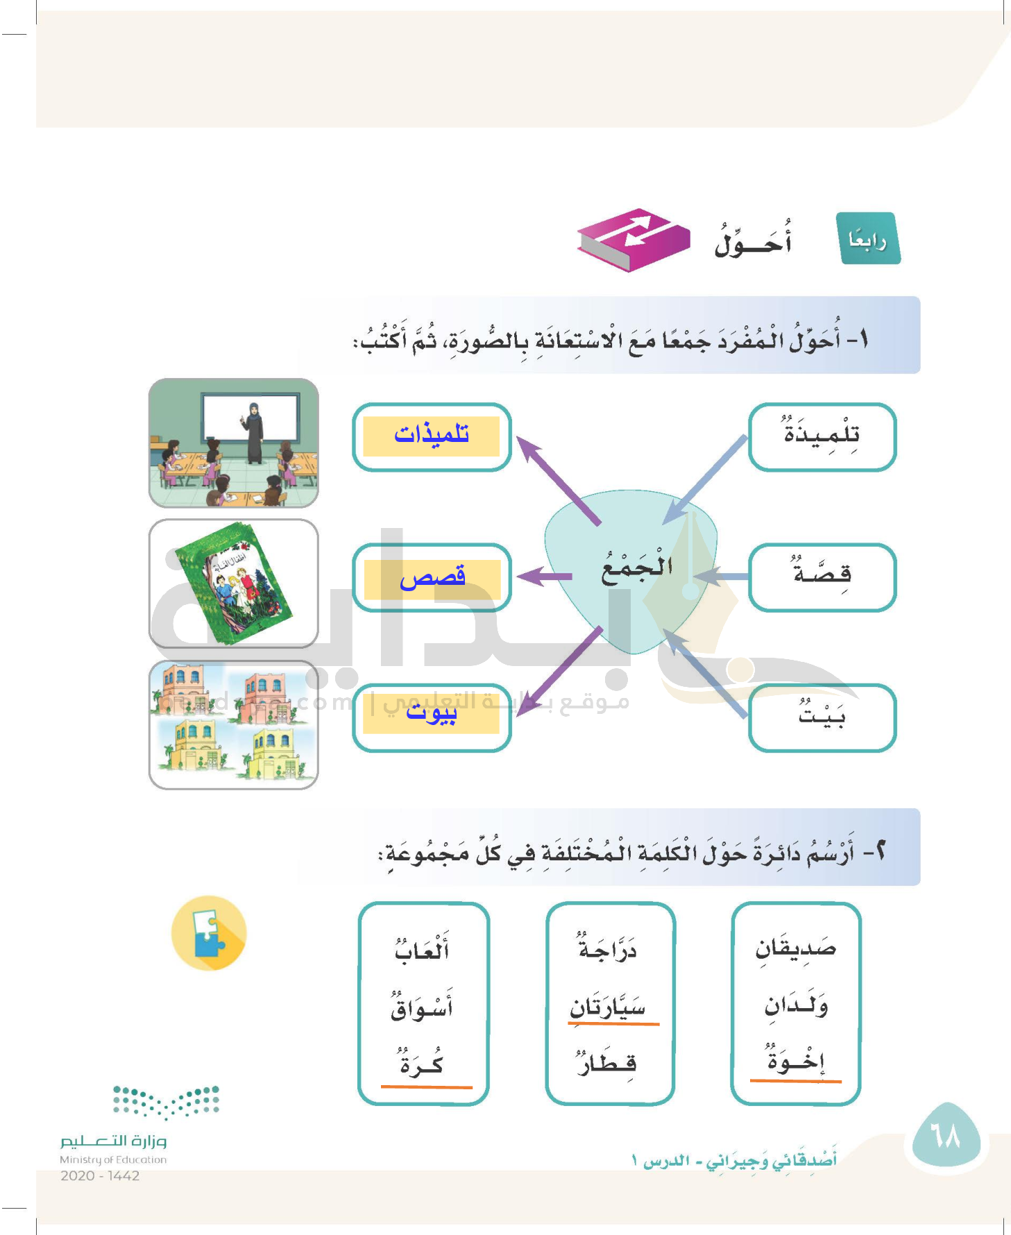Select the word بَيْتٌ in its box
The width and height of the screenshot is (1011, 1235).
pos(822,713)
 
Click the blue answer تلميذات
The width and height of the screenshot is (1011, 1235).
pos(432,434)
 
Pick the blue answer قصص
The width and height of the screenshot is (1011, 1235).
pos(432,577)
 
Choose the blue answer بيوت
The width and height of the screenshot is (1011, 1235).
pos(431,713)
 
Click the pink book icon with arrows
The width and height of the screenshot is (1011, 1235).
pos(633,239)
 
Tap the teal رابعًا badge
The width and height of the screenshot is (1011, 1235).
pos(869,239)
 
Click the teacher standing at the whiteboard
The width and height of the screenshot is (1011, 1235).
pos(253,432)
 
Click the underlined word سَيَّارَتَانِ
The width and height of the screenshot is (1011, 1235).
pos(608,1006)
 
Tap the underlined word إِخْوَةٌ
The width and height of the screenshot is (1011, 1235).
pos(796,1059)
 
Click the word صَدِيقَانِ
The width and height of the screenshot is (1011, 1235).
pos(796,948)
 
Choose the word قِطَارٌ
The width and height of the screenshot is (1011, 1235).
pos(606,1062)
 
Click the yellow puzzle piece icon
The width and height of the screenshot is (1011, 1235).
pos(209,933)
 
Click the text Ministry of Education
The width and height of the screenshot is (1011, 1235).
pos(113,1159)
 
